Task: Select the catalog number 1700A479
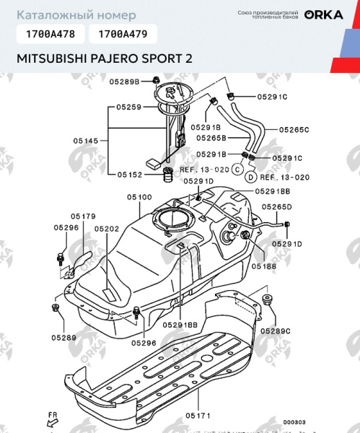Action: pos(122,33)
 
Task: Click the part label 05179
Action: pos(83,216)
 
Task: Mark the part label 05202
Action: pos(107,228)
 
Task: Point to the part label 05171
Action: pos(198,416)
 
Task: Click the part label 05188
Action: pos(264,266)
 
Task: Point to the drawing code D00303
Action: pos(294,422)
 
